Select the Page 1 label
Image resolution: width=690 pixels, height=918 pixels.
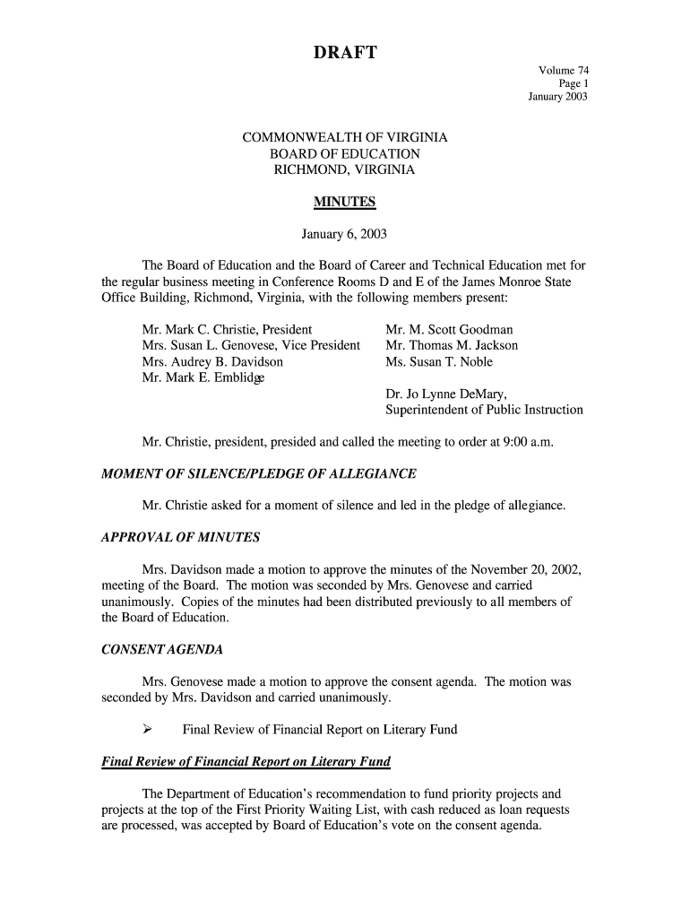coord(573,83)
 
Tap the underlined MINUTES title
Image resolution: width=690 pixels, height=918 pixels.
coord(344,202)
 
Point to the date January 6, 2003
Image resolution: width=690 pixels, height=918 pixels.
coord(344,235)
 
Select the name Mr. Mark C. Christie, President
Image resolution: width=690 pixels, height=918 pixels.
coord(227,329)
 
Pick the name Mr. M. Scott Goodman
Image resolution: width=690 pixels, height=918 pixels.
coord(449,329)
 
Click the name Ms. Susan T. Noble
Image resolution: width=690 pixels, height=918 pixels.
coord(439,361)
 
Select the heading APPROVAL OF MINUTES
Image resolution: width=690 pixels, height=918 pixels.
coord(182,537)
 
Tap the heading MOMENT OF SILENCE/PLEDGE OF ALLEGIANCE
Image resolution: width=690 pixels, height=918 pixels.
coord(260,473)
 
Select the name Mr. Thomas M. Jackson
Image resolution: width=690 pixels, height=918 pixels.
coord(452,345)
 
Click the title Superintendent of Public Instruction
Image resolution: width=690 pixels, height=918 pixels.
coord(484,410)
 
